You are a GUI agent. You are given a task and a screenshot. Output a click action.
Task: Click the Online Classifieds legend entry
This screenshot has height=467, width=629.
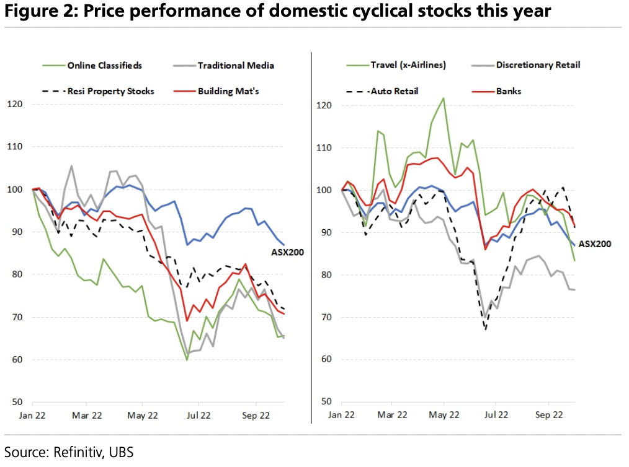[x=104, y=65]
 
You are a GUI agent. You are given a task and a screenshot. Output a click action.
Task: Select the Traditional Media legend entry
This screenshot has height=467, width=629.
[x=236, y=65]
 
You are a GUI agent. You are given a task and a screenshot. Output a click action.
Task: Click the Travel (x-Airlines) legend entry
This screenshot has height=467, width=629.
[x=408, y=64]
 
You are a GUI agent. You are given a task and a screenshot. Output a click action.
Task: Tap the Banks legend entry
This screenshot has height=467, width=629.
[x=509, y=91]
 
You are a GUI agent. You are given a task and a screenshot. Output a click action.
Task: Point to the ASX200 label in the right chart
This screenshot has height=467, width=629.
[x=596, y=244]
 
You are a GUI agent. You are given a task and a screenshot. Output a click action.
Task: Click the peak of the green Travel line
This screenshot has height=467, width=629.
[x=444, y=98]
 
